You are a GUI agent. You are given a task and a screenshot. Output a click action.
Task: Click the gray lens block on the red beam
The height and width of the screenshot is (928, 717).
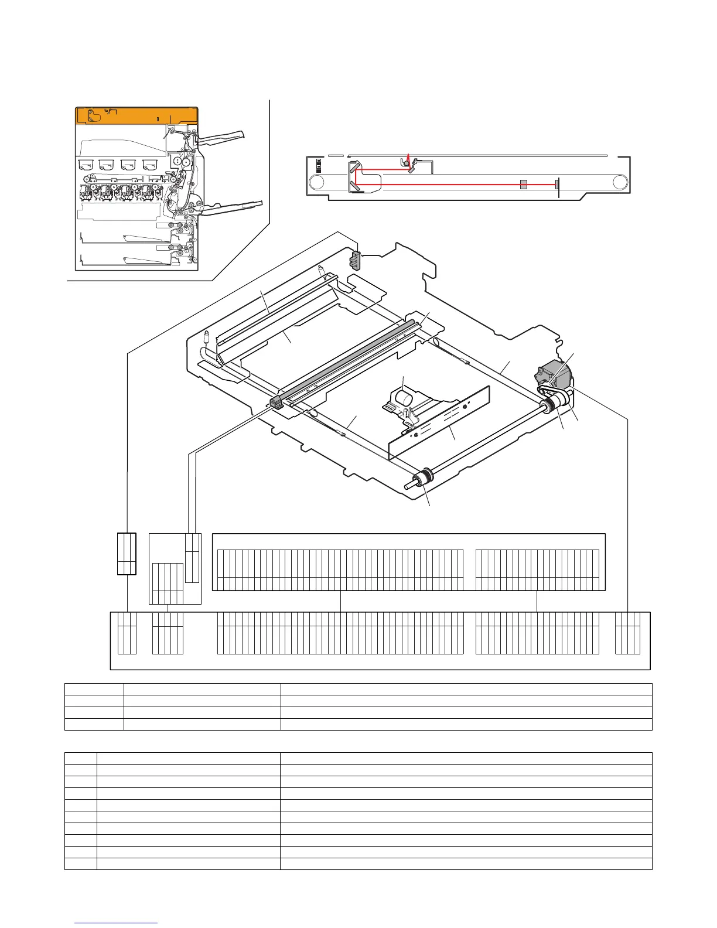[x=524, y=185]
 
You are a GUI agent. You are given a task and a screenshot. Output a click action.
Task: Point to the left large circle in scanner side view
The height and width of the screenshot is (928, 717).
[x=317, y=183]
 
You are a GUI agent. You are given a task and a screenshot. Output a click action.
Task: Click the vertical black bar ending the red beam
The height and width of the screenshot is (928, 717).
[x=558, y=185]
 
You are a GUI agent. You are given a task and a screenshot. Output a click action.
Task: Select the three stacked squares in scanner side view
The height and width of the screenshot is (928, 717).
[x=318, y=165]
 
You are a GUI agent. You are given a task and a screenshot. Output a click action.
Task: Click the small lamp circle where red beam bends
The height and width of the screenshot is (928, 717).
[x=405, y=163]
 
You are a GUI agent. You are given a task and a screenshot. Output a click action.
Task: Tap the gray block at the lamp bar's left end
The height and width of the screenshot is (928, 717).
[x=276, y=402]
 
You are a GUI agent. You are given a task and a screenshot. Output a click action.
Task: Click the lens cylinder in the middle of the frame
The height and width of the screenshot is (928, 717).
[x=403, y=400]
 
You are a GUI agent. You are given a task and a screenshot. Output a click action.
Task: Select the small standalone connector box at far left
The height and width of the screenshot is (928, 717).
[x=127, y=553]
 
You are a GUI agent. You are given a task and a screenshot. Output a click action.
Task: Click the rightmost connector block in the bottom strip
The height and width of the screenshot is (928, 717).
[x=627, y=633]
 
